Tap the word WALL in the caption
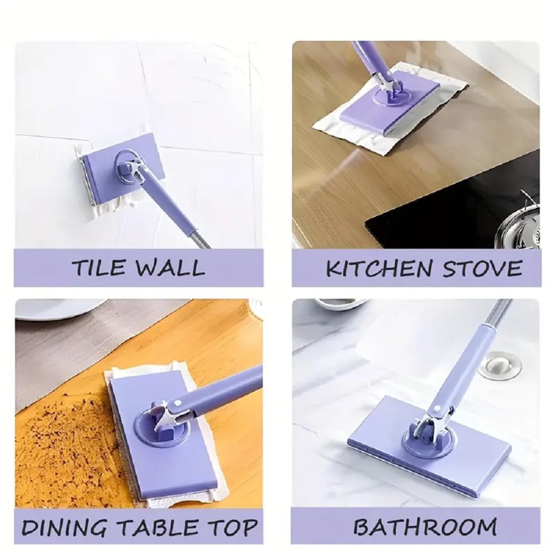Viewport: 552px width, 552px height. (171, 268)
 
